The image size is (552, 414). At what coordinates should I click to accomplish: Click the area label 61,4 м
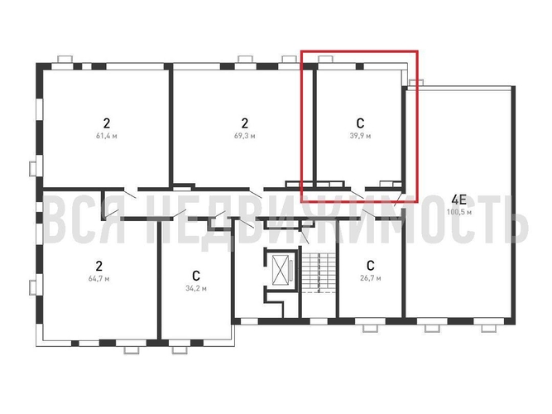(106, 136)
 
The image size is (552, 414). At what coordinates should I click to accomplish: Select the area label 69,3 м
(245, 136)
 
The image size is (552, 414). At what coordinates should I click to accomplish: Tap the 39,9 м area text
(360, 136)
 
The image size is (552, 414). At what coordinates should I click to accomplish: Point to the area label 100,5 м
(459, 212)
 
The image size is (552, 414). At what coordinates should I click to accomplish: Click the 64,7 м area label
(99, 278)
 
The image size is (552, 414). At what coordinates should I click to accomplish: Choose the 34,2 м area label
(196, 288)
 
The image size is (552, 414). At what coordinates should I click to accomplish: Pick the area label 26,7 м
(371, 278)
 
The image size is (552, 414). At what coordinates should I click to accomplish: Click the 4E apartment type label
(459, 200)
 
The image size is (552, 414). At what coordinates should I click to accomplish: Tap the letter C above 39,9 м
(360, 123)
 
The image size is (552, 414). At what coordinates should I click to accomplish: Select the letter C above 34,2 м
(196, 275)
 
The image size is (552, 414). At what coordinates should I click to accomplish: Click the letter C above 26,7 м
(371, 265)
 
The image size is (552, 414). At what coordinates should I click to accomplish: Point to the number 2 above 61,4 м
(106, 123)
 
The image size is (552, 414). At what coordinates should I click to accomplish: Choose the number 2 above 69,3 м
(245, 123)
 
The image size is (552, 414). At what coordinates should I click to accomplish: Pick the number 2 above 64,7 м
(99, 265)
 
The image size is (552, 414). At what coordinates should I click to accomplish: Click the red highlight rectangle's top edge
(359, 51)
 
